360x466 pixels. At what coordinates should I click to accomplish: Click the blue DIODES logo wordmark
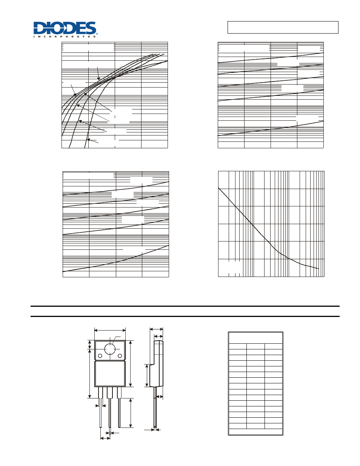(x=65, y=28)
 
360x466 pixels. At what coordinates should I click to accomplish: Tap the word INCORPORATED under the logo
(x=65, y=37)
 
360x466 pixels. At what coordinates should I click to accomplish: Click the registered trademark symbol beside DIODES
(x=97, y=34)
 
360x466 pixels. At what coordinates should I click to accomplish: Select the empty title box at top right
(x=283, y=27)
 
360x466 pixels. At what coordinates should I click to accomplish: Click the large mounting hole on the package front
(x=110, y=349)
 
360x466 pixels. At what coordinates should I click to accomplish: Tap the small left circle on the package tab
(x=100, y=356)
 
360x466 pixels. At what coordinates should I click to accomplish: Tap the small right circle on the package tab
(x=120, y=356)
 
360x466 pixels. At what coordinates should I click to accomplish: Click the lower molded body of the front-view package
(x=110, y=374)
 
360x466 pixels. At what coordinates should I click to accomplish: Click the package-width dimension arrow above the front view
(x=110, y=331)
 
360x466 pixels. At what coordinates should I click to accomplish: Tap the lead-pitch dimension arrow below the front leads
(x=105, y=438)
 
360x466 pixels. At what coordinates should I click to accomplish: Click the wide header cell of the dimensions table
(x=255, y=338)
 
